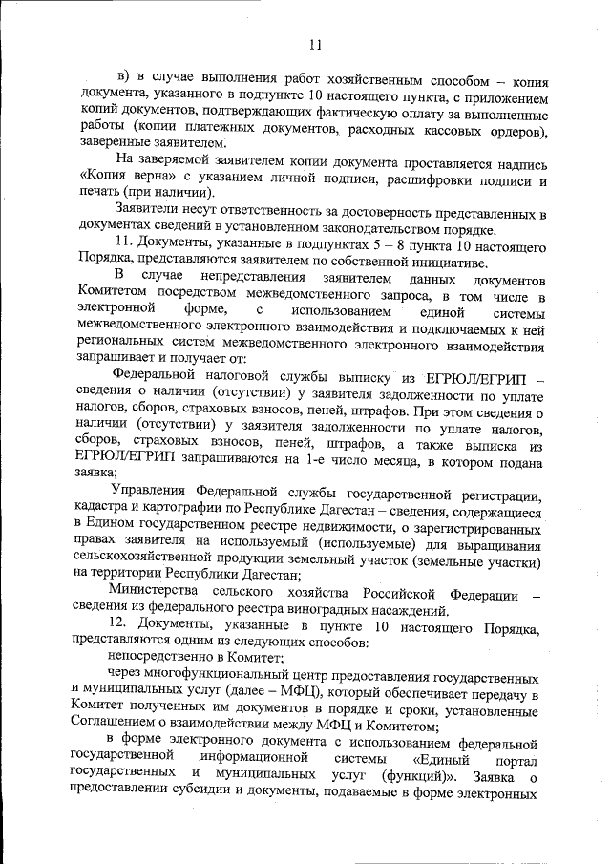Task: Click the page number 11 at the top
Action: tap(316, 42)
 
